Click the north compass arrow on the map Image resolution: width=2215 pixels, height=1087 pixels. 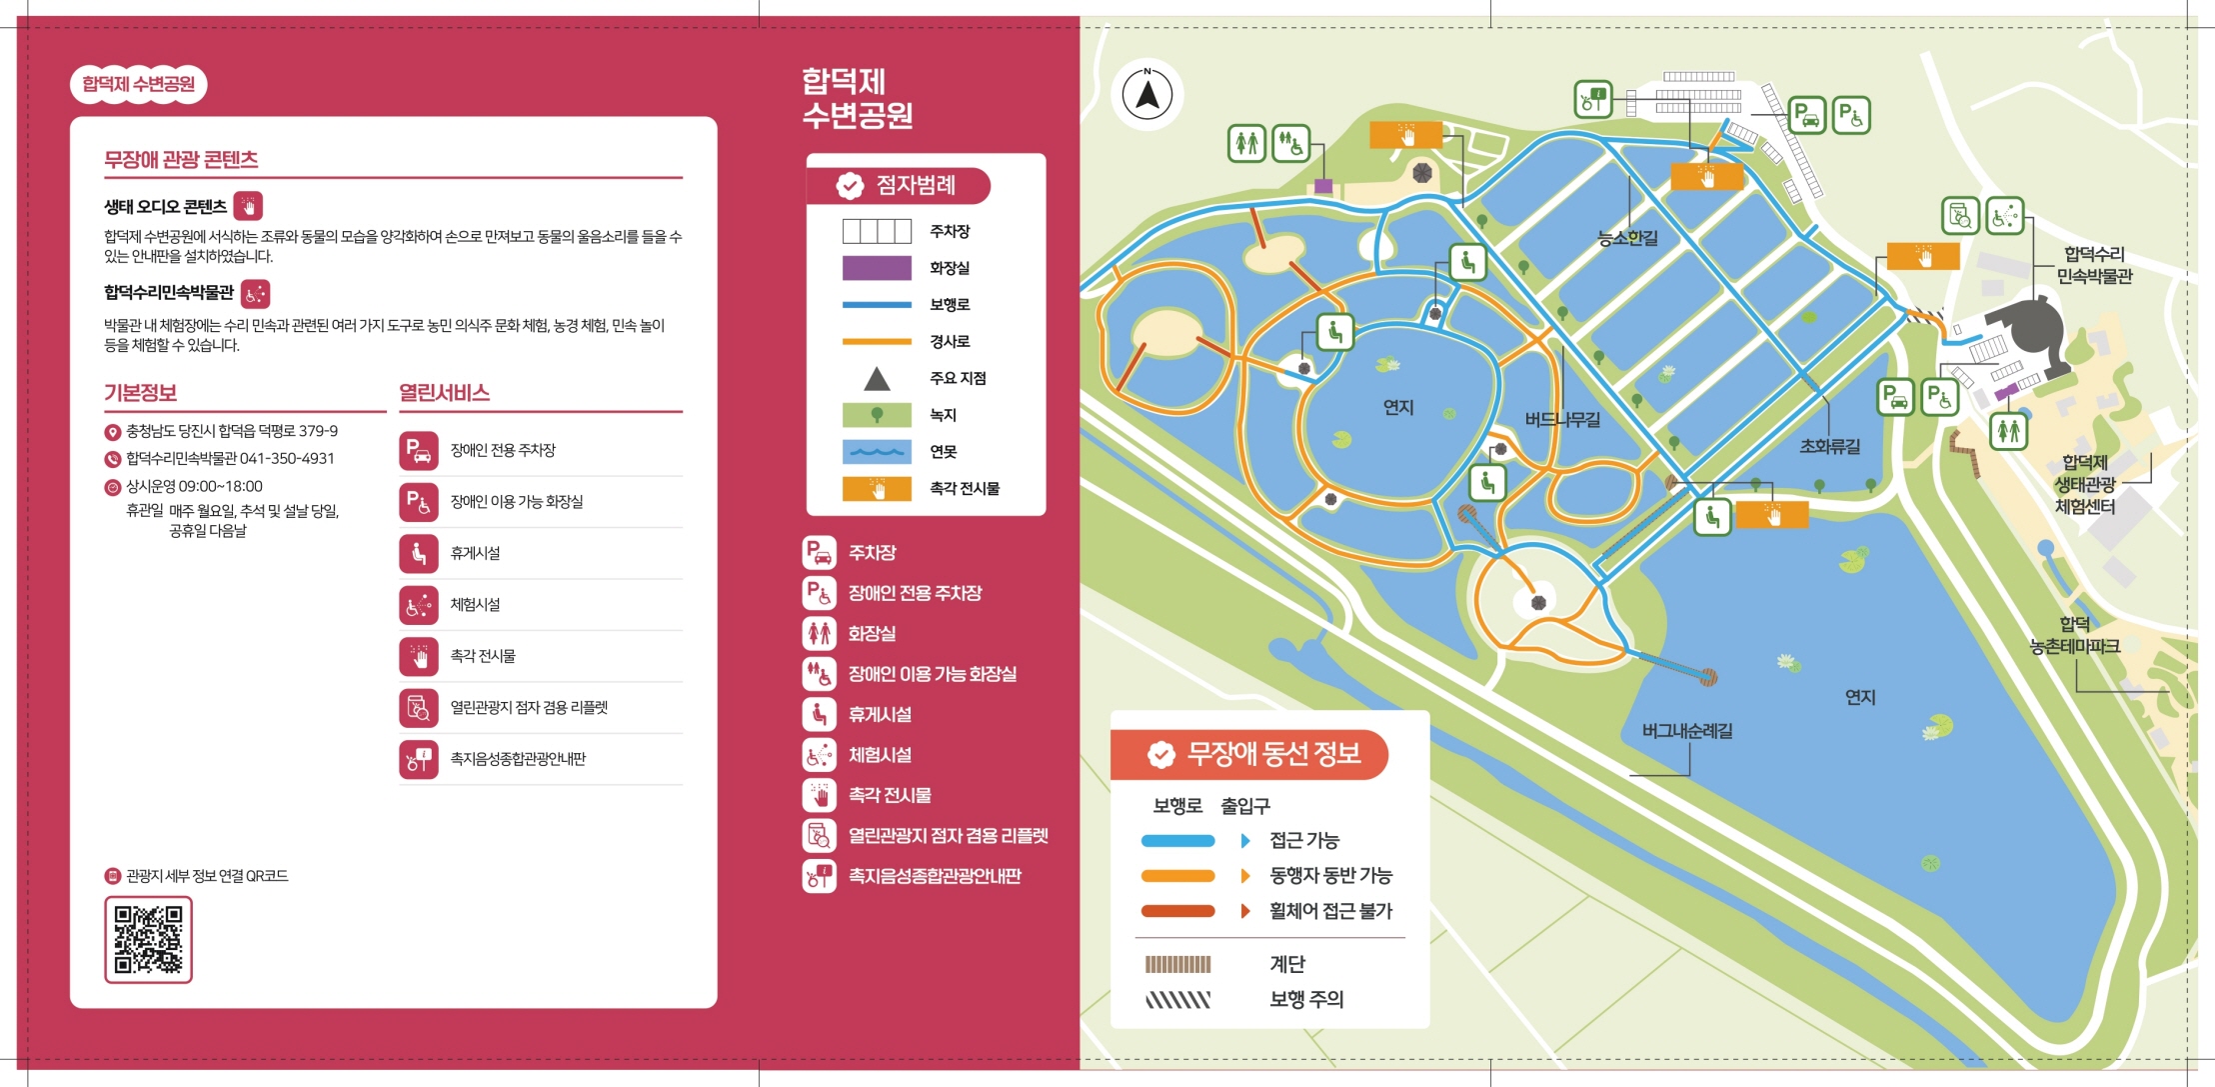pos(1147,95)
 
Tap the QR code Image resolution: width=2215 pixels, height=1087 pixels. pos(148,939)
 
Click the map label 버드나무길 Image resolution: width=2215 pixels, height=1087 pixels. pos(1562,420)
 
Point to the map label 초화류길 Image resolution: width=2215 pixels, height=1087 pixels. pos(1829,447)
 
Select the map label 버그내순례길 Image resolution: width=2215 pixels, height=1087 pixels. pos(1687,731)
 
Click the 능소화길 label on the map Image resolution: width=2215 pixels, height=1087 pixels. pos(1627,238)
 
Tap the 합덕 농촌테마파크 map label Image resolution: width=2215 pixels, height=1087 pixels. pos(2074,636)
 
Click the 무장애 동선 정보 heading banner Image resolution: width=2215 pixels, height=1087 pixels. pos(1249,754)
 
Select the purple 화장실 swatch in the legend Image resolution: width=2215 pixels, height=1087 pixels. pos(877,268)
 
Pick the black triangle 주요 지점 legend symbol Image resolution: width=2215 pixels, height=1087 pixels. pos(877,379)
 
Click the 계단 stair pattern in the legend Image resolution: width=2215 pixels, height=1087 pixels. pos(1177,964)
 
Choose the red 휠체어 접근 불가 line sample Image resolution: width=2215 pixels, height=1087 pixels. pos(1177,911)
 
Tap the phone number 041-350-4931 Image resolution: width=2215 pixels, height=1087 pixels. pos(287,459)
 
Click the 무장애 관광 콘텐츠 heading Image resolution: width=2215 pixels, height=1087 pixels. pos(181,160)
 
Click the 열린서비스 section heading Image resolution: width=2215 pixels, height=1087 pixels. pos(444,393)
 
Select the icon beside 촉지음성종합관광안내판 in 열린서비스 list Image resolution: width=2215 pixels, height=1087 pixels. pos(419,759)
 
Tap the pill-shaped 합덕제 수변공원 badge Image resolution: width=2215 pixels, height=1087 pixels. pos(138,84)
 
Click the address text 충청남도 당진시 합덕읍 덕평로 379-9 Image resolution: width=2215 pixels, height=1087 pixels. pos(232,432)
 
